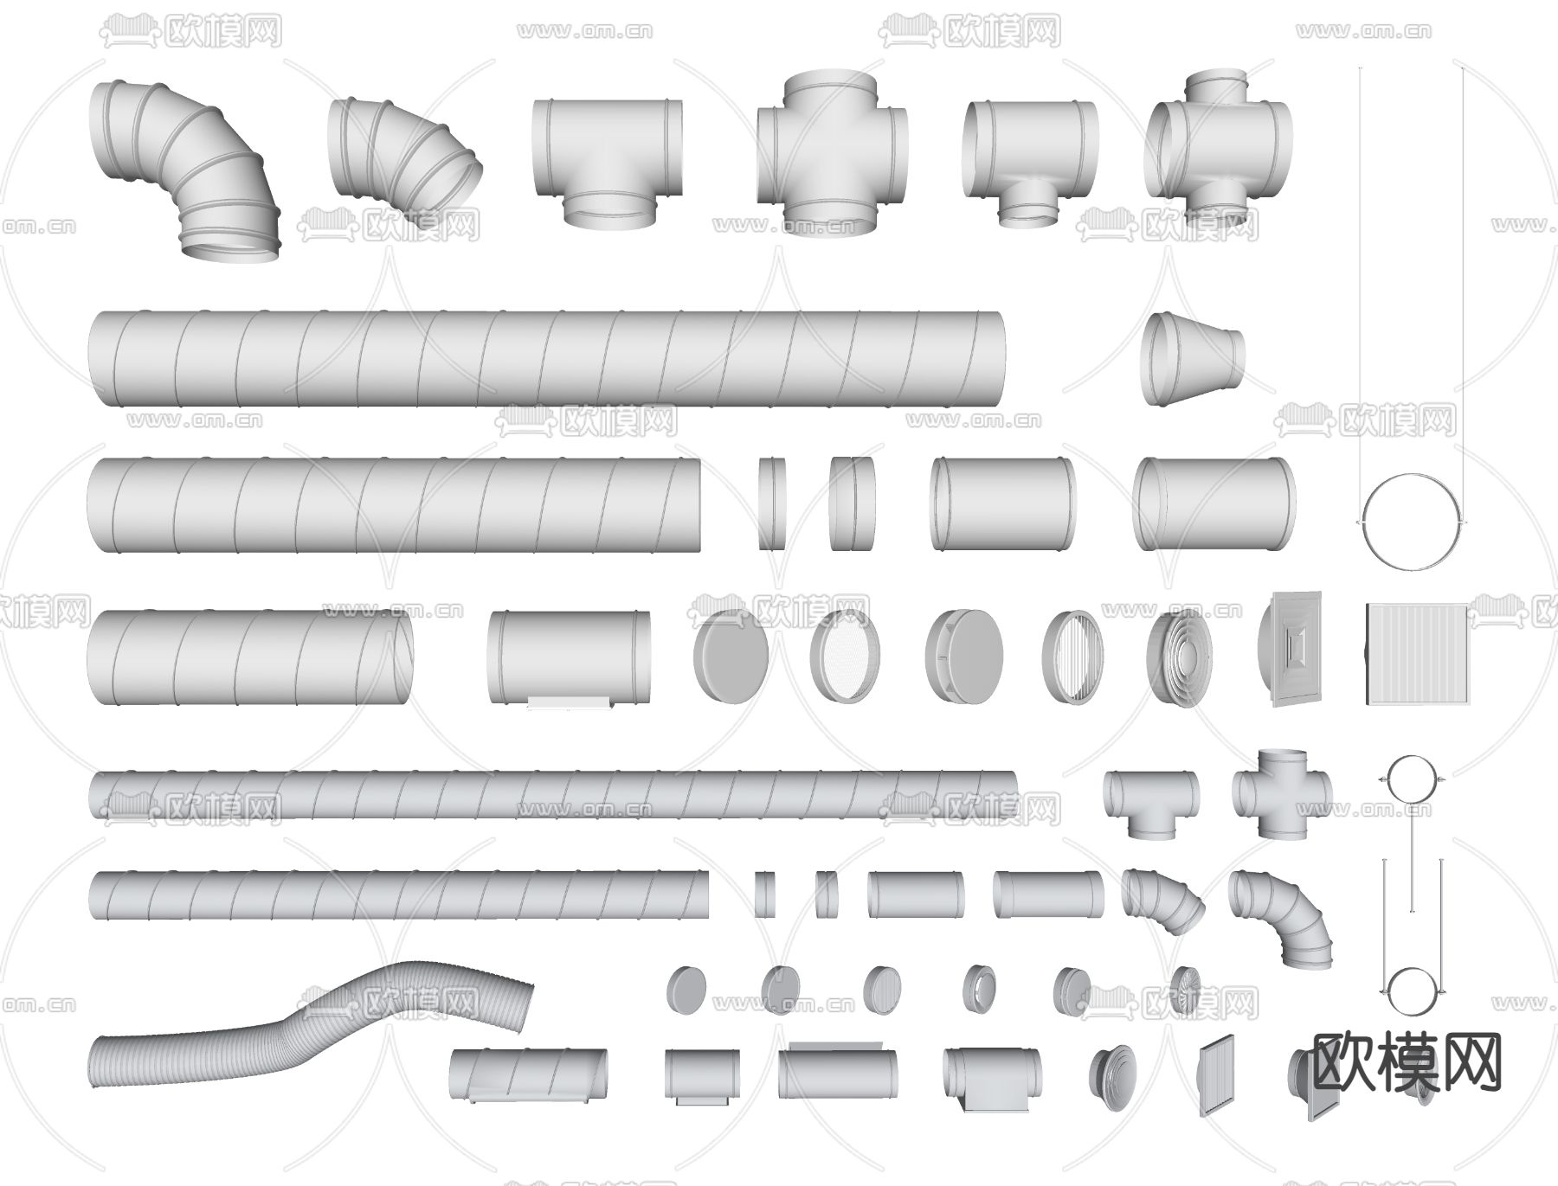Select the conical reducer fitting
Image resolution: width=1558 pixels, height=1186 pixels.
coord(1193,358)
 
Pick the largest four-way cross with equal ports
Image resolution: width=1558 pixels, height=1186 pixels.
coord(832,153)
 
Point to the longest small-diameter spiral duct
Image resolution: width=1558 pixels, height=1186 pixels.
coord(554,795)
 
